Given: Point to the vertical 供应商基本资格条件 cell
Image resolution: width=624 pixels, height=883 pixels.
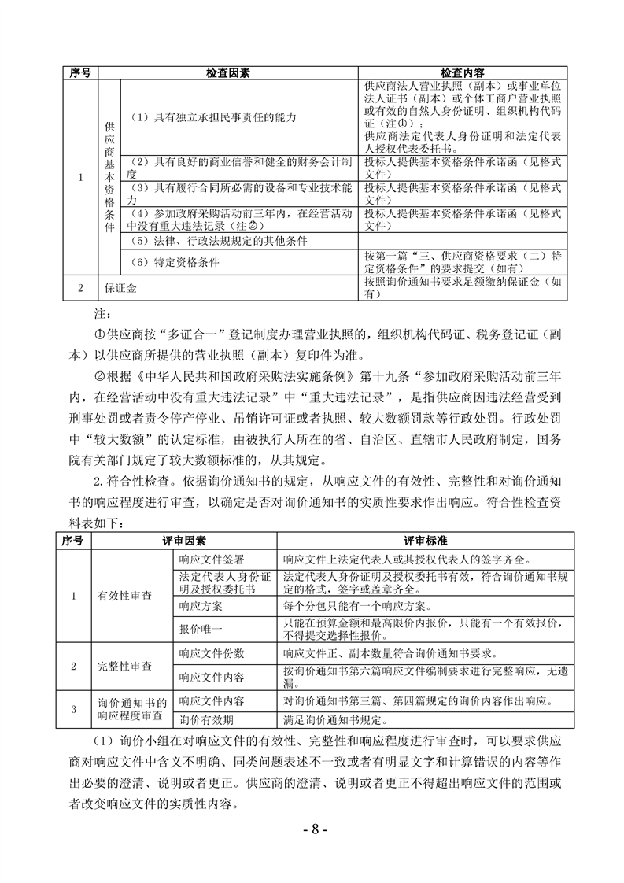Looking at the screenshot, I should pos(109,176).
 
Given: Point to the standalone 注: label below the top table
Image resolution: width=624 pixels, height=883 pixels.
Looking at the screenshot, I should pos(100,312).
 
